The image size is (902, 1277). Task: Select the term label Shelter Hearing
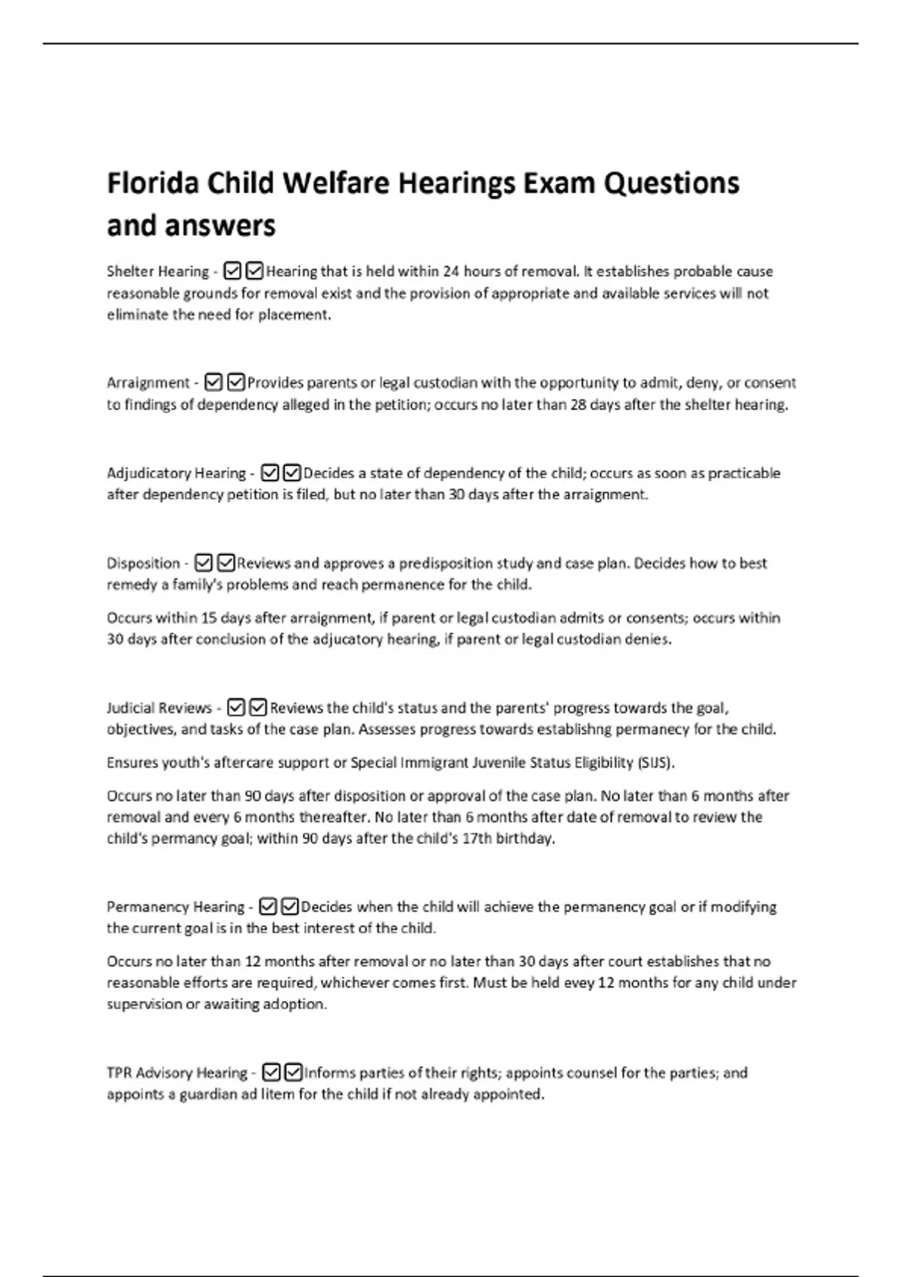[x=158, y=271]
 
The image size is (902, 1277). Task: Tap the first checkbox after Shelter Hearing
[x=233, y=271]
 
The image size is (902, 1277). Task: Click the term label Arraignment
[x=148, y=382]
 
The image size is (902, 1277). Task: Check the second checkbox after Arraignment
[x=236, y=382]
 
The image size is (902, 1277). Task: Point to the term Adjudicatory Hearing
[x=176, y=473]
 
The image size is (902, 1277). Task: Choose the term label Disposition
[x=143, y=563]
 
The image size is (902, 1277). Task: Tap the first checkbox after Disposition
[x=204, y=563]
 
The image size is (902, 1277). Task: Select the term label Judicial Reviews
[x=159, y=708]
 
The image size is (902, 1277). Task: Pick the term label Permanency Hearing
[x=175, y=907]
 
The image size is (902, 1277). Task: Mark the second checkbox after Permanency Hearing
[x=290, y=907]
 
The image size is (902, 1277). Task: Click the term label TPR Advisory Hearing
[x=177, y=1073]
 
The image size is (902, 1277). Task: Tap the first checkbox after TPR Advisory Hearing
[x=273, y=1073]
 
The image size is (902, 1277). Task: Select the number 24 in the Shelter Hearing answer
[x=451, y=271]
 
